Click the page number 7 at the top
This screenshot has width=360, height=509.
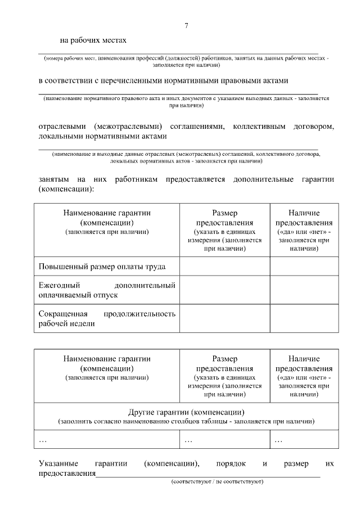pyautogui.click(x=186, y=26)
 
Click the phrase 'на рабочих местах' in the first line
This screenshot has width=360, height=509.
pyautogui.click(x=93, y=40)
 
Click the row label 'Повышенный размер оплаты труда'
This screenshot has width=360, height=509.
pyautogui.click(x=102, y=266)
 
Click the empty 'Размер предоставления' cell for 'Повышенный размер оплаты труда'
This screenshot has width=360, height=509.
pyautogui.click(x=224, y=266)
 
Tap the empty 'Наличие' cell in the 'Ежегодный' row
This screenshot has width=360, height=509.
pyautogui.click(x=304, y=290)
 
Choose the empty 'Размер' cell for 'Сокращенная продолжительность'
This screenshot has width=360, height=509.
pyautogui.click(x=224, y=318)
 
